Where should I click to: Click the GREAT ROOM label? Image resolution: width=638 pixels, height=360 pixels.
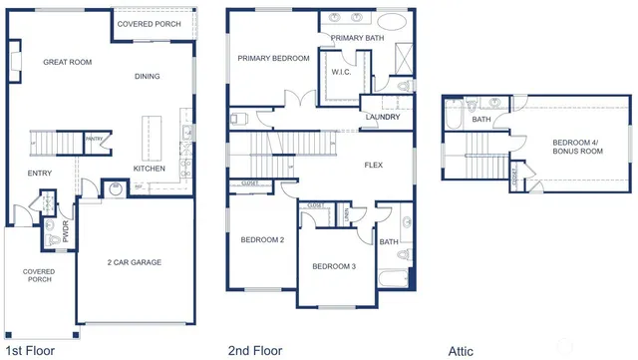tap(68, 62)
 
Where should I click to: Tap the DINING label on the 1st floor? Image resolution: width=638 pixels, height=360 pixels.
tap(148, 76)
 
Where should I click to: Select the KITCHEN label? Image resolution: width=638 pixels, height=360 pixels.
tap(150, 169)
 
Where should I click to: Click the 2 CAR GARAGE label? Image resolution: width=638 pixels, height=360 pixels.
tap(135, 263)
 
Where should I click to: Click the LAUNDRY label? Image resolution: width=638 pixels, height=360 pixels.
tap(383, 118)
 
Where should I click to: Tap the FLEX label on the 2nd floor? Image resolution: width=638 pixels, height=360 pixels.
tap(374, 165)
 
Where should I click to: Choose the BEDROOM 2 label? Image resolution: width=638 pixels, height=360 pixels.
tap(262, 240)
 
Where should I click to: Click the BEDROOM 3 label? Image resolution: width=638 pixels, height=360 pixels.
tap(334, 266)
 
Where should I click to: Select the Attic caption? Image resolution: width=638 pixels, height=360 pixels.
tap(462, 350)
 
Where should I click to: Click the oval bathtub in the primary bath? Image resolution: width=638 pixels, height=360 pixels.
tap(391, 20)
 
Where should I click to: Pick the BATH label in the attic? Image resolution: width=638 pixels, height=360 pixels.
tap(481, 120)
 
